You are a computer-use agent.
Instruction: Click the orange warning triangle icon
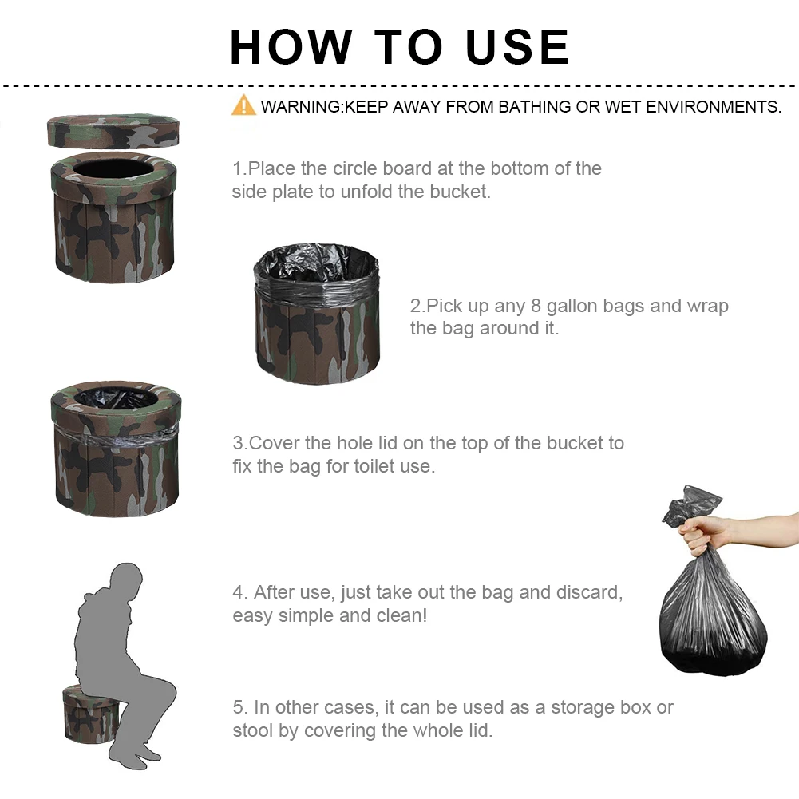(x=243, y=105)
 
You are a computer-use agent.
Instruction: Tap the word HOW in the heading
(x=291, y=47)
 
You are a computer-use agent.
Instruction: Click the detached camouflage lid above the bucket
(x=113, y=130)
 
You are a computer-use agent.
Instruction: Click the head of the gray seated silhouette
(x=126, y=578)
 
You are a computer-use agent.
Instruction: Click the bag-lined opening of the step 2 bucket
(x=316, y=263)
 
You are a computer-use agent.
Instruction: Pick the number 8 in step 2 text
(x=536, y=306)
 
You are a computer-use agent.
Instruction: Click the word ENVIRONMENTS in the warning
(x=713, y=106)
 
